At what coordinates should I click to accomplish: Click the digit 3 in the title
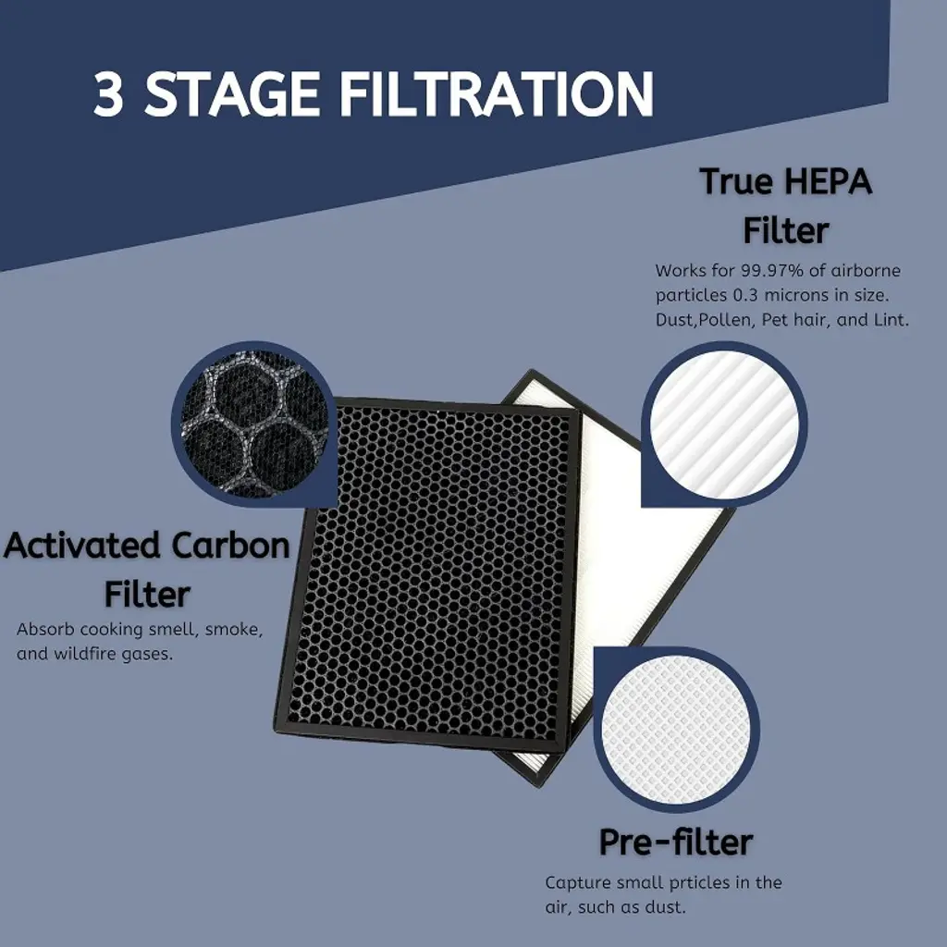tap(109, 94)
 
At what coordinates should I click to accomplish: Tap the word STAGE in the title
tap(232, 94)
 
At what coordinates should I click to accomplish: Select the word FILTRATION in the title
tap(497, 94)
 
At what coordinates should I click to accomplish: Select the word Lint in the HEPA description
tap(892, 319)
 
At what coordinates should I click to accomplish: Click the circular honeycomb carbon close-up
tap(254, 424)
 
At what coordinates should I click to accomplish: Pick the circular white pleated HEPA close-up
tap(724, 424)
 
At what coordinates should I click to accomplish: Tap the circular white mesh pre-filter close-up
tap(676, 730)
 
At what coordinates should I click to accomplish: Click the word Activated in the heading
tap(82, 546)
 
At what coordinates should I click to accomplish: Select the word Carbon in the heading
tap(230, 546)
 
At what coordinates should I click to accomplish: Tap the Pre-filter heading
tap(676, 842)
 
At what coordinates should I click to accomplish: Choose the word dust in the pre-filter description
tap(666, 907)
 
